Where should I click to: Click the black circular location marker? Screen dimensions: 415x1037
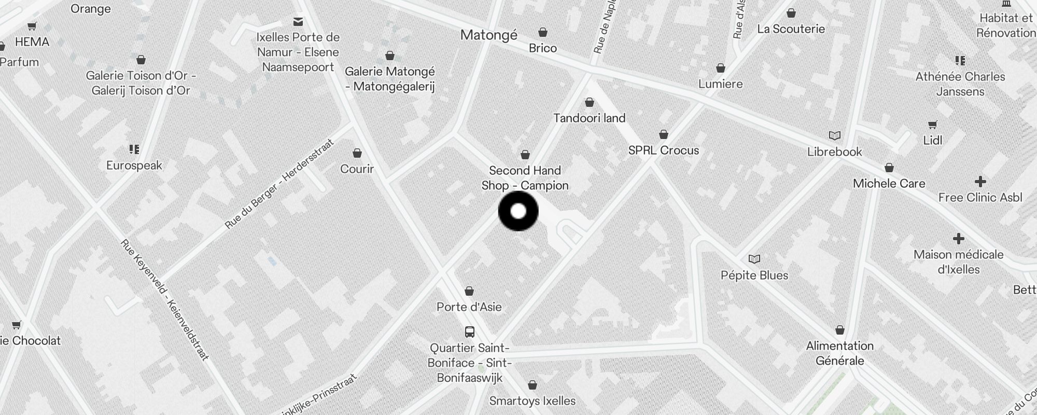[x=518, y=211]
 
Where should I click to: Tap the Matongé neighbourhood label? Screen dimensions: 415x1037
[x=488, y=35]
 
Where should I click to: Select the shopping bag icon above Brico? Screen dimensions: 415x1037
[x=543, y=33]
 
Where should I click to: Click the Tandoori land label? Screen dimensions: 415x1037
[x=589, y=118]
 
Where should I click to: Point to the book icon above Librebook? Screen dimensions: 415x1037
[x=834, y=136]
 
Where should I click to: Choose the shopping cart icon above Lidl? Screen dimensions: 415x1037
[x=932, y=125]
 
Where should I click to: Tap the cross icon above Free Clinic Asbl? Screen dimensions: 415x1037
[x=980, y=182]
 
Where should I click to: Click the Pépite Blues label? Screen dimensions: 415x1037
[x=754, y=275]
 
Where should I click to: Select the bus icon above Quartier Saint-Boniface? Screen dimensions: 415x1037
[x=469, y=332]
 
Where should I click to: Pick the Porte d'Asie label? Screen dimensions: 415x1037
[x=469, y=307]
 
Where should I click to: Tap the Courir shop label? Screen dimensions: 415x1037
[x=357, y=169]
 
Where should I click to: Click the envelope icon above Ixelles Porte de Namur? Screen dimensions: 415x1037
[x=298, y=22]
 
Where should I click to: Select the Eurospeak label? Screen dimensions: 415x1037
[x=134, y=165]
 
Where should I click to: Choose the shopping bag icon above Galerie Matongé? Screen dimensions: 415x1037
[x=390, y=56]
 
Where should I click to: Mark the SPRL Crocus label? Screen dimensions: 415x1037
[x=663, y=150]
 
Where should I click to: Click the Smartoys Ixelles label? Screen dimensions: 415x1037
[x=532, y=401]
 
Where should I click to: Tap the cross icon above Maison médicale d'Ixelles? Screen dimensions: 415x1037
[x=958, y=239]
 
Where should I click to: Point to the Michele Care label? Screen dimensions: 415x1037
[x=889, y=184]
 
